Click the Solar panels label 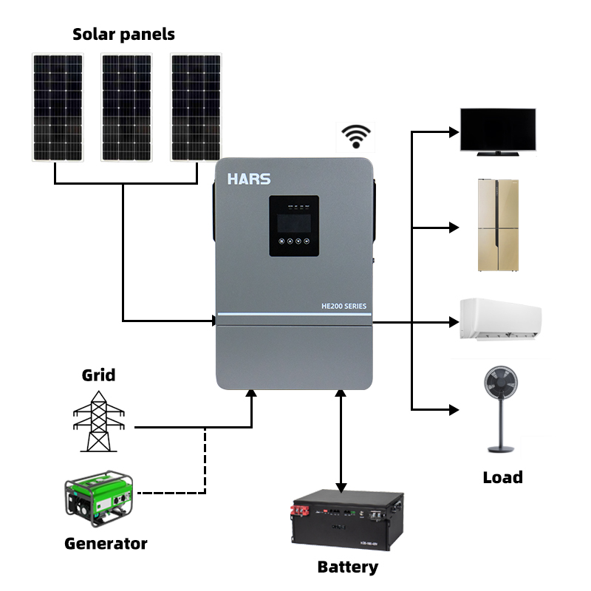(123, 34)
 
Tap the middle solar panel (126, 106)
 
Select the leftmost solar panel (57, 106)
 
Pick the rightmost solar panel (196, 106)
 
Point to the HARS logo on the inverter (248, 180)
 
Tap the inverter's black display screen (293, 225)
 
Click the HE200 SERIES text (344, 306)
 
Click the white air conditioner (500, 319)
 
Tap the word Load (502, 477)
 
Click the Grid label (98, 375)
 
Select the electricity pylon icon (98, 420)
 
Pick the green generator (99, 499)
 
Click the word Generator (106, 544)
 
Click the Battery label (347, 567)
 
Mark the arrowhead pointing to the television (453, 132)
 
